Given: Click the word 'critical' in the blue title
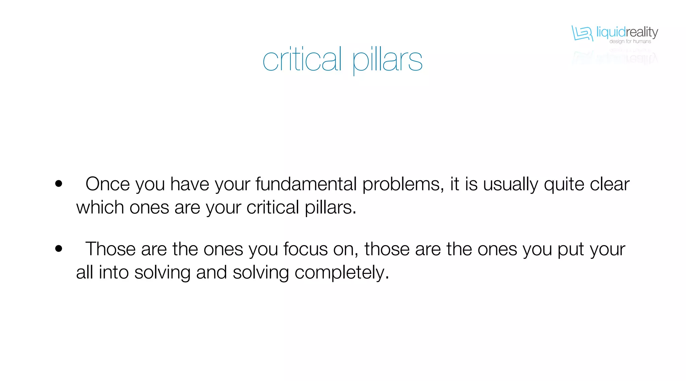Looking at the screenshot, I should (302, 60).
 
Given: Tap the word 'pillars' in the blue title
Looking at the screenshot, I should (387, 61).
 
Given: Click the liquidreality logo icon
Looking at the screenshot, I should (582, 33).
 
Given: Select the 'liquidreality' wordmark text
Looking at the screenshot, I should (627, 32).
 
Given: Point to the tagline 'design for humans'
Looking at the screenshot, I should (630, 41).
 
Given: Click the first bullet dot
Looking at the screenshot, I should (59, 184).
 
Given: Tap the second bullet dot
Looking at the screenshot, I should (59, 249).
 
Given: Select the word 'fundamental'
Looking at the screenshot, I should (306, 184).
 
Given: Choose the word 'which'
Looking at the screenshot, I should (100, 207).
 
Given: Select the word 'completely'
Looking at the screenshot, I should (341, 273).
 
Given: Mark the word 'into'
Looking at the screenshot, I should (114, 272).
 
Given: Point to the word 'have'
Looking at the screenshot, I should (190, 184).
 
